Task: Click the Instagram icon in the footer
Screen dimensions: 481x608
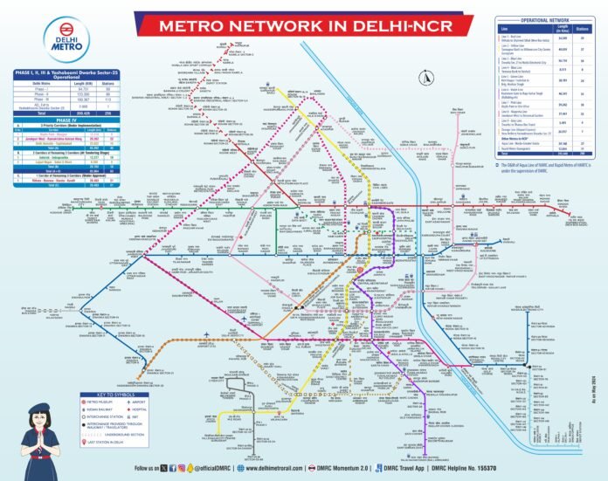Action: (x=182, y=468)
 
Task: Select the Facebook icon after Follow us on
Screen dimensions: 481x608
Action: (x=171, y=468)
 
